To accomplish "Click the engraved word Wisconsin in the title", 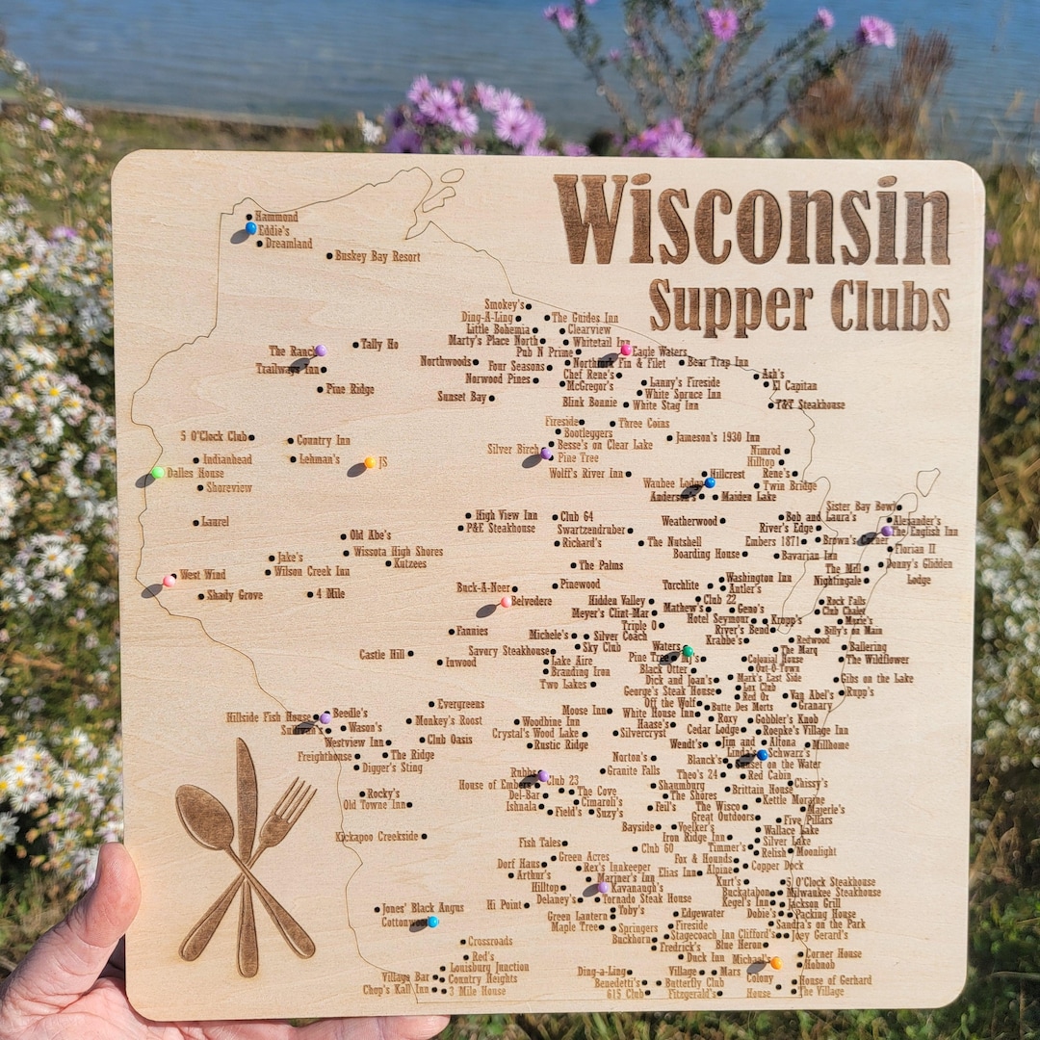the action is (x=751, y=221).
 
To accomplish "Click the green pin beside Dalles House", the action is (x=158, y=472).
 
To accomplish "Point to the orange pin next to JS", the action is (x=369, y=462).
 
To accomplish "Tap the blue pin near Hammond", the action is (x=250, y=228).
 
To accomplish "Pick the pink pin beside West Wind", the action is (x=169, y=580).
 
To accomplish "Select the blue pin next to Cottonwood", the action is (x=432, y=922).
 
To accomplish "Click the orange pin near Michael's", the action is (x=775, y=962).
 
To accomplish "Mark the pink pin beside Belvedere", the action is (x=505, y=602).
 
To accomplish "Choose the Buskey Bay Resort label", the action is (x=377, y=257).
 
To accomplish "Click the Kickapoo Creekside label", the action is (x=377, y=837).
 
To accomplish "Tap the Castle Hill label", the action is (x=382, y=655).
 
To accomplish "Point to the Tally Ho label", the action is (x=379, y=344).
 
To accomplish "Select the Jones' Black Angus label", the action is (x=423, y=907).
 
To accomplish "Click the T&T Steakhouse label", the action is (x=811, y=404).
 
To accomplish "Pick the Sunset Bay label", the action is (x=462, y=396).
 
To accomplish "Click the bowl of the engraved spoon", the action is (x=205, y=818).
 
